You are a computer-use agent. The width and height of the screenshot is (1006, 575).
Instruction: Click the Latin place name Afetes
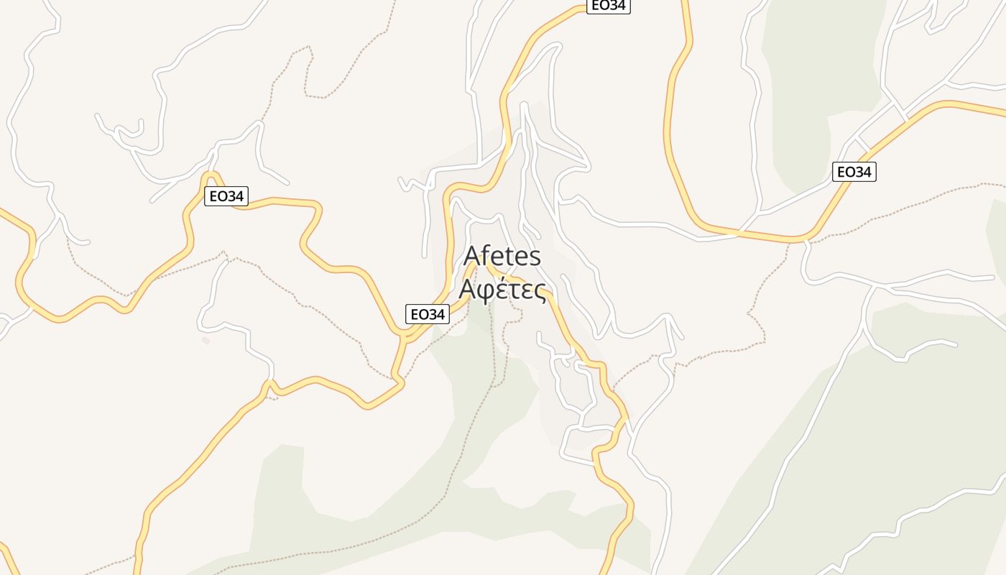click(x=502, y=257)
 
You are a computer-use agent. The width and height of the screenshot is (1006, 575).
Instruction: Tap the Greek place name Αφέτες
click(x=502, y=290)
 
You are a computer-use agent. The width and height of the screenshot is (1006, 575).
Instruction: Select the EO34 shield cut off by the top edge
click(x=608, y=6)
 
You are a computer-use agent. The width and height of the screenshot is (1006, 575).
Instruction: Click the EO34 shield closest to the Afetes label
click(x=427, y=314)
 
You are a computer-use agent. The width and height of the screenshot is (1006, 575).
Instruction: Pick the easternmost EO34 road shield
click(x=854, y=172)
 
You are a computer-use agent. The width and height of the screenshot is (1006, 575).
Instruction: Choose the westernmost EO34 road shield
click(x=226, y=196)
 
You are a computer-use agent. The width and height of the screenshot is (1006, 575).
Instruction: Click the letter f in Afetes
click(x=486, y=256)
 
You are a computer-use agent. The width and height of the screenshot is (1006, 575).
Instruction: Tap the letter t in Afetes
click(x=509, y=257)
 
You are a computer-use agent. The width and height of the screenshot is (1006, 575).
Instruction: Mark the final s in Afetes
click(x=535, y=258)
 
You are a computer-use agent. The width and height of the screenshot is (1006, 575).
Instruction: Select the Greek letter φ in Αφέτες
click(x=484, y=291)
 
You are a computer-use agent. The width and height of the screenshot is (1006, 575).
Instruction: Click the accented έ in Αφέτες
click(x=501, y=290)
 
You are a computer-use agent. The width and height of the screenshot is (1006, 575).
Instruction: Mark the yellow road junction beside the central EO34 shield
click(x=406, y=335)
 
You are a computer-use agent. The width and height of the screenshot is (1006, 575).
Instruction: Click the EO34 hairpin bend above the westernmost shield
click(x=211, y=175)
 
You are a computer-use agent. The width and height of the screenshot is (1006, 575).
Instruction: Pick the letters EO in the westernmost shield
click(x=217, y=196)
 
